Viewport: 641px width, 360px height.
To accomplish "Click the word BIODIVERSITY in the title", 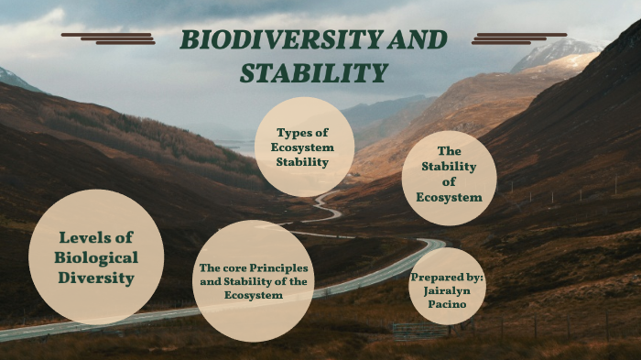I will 280,39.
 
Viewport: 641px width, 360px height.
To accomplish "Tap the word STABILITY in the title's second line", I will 313,73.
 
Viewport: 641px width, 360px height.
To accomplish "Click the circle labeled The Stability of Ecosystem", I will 449,178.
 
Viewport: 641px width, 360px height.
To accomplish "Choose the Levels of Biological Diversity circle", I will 96,256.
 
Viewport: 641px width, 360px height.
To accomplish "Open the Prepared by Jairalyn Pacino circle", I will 447,287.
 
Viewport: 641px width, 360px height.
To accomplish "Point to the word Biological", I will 96,257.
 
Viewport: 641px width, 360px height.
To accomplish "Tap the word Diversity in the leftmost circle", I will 96,278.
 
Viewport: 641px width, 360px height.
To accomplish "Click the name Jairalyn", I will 447,290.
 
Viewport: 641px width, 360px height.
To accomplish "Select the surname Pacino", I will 447,304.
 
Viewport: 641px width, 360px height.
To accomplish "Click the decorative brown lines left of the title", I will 109,38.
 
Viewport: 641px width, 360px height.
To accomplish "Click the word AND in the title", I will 417,39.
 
